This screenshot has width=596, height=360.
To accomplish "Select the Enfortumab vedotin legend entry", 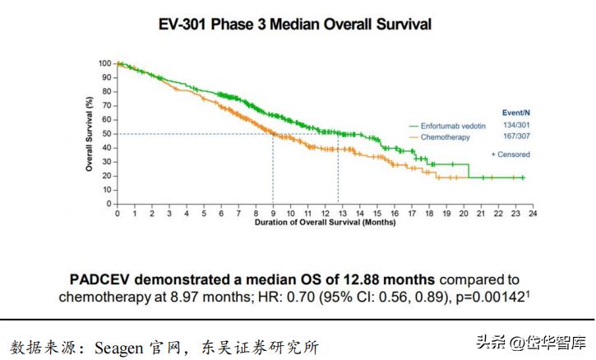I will [x=451, y=125].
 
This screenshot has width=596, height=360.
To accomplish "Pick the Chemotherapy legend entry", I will [x=445, y=137].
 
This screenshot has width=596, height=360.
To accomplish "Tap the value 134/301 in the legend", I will [x=515, y=125].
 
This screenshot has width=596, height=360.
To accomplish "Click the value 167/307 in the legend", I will [x=515, y=137].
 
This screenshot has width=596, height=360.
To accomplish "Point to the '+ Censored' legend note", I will [x=510, y=154].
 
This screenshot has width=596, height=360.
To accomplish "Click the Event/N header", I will [x=515, y=112].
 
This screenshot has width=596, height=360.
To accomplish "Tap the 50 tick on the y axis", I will [x=106, y=133].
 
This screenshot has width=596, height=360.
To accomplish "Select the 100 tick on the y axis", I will [x=104, y=63].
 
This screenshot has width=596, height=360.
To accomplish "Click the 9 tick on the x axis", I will [x=273, y=213].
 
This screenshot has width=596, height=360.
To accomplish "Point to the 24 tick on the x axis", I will [x=532, y=213].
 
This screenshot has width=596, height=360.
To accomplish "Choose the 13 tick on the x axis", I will [x=342, y=213].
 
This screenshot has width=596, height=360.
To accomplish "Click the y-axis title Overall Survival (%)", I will [x=90, y=134].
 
